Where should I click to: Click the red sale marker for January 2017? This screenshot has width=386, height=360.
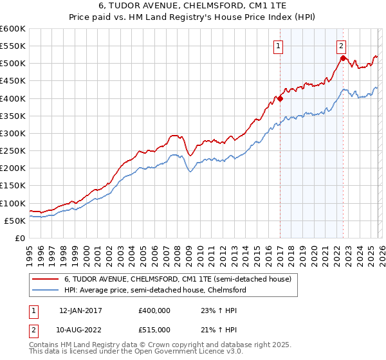coord(280,99)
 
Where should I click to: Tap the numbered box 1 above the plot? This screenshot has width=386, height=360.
coord(278,46)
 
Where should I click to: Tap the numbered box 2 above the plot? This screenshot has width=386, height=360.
coord(340,46)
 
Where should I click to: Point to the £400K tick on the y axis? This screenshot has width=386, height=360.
coord(13,99)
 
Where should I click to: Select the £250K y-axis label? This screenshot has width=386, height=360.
coord(13,151)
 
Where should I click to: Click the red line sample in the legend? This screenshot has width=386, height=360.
coord(46,280)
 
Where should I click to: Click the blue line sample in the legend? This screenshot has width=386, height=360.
coord(46,291)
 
